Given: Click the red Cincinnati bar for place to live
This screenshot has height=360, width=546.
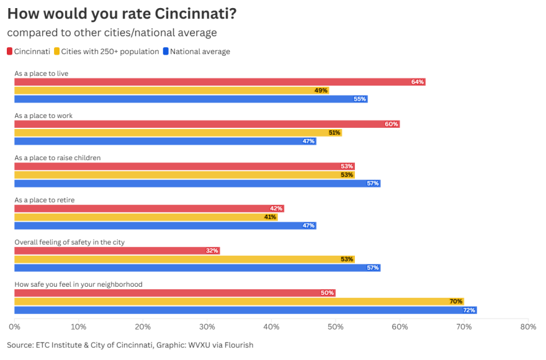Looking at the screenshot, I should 220,82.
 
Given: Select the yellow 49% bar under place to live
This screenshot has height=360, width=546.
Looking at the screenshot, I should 171,91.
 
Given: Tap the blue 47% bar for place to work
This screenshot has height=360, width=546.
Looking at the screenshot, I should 165,141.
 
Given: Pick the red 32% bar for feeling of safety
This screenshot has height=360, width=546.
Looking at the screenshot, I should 117,251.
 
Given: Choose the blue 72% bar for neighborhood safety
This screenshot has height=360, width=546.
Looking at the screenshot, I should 245,310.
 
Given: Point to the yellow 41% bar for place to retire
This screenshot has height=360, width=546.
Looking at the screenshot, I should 146,217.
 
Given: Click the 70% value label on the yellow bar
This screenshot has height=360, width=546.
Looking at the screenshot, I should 456,302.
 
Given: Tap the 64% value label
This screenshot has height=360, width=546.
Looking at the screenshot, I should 418,82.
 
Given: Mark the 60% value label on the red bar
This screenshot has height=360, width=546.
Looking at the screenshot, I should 392,124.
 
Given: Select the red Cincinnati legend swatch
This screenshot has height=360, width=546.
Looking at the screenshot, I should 10,52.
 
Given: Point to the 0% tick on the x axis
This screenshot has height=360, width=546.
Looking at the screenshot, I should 14,326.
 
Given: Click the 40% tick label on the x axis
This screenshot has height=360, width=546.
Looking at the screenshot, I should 271,326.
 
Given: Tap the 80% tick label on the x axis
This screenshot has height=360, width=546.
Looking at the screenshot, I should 528,326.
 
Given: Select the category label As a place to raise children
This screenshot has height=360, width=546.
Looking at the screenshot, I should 58,158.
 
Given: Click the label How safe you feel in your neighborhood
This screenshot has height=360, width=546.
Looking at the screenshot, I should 79,284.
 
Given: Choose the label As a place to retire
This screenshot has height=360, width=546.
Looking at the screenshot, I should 45,200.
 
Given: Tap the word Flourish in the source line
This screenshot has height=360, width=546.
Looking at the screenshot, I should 238,344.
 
